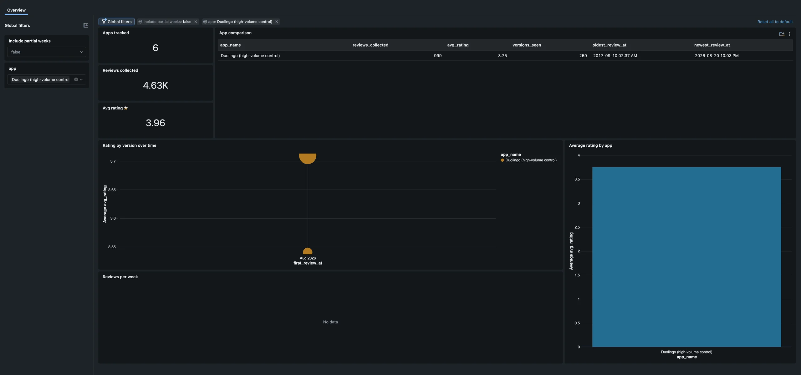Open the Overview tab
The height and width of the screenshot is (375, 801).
click(x=16, y=10)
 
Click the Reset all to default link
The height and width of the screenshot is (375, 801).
click(x=775, y=22)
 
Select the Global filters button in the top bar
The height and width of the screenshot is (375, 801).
click(x=116, y=22)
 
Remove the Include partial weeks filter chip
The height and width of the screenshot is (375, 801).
click(x=196, y=22)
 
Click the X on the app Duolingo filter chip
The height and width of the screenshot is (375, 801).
click(x=277, y=22)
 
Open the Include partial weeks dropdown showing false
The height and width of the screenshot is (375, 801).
click(x=47, y=52)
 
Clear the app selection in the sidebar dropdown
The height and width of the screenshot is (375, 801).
click(x=76, y=79)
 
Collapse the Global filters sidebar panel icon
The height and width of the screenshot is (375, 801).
click(x=86, y=25)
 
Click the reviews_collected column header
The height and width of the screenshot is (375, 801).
click(x=370, y=45)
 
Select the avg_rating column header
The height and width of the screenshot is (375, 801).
click(x=458, y=45)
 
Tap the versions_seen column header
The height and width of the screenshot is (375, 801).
click(x=527, y=45)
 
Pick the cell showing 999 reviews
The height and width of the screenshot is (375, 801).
click(x=438, y=56)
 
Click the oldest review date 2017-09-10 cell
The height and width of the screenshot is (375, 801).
click(x=615, y=56)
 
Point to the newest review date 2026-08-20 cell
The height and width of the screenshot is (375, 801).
click(x=717, y=56)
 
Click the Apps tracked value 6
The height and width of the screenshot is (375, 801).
click(x=155, y=48)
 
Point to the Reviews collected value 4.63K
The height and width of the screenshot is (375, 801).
click(x=156, y=85)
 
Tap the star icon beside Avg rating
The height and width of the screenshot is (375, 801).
click(x=126, y=108)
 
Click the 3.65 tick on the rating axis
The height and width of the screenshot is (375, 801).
click(x=112, y=190)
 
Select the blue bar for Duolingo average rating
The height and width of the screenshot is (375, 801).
click(x=686, y=257)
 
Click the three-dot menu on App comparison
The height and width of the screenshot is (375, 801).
click(x=789, y=34)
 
